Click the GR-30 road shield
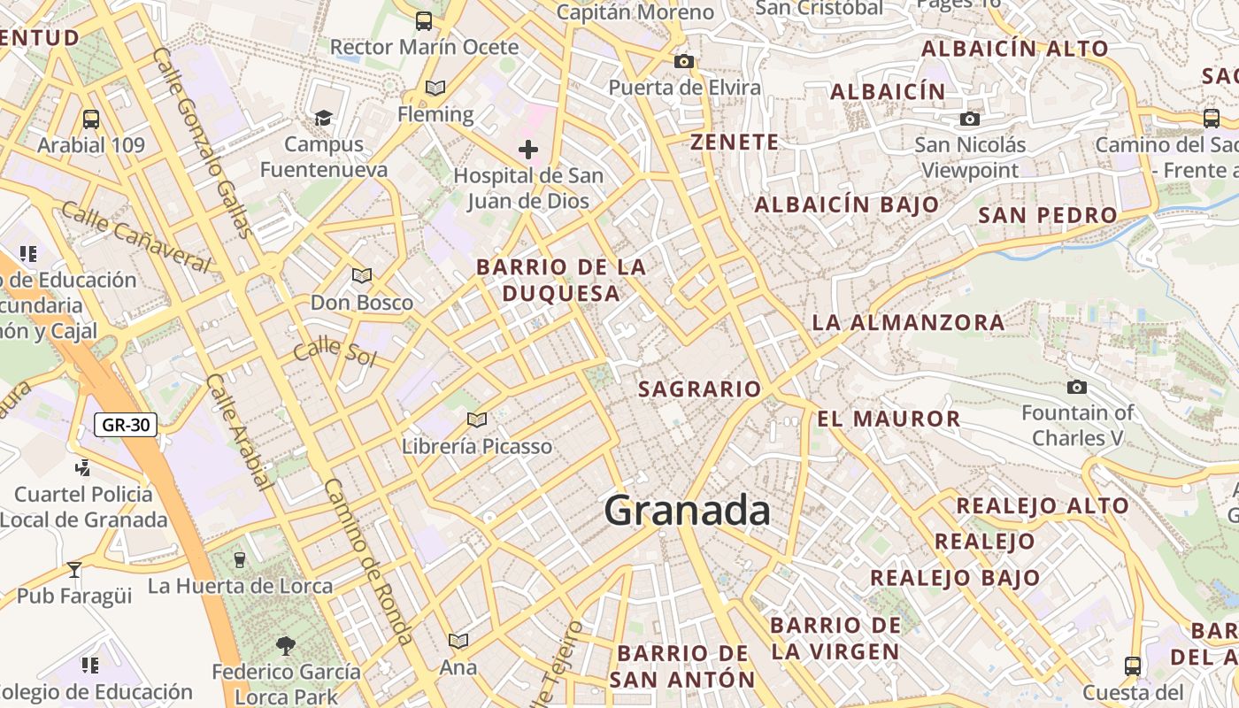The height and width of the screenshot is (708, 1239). tap(126, 425)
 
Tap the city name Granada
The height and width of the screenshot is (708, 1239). tap(687, 511)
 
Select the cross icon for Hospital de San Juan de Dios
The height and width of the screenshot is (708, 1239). tap(528, 149)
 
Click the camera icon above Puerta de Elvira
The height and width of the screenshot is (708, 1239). tap(684, 61)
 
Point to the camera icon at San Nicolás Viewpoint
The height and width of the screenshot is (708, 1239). tap(970, 119)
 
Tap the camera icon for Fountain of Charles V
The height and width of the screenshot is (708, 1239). tap(1077, 387)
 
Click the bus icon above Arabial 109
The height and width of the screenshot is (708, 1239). tap(90, 119)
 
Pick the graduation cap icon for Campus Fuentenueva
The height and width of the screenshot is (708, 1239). tap(323, 118)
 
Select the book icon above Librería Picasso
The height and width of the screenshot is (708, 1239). tap(477, 419)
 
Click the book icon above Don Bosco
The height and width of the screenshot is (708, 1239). tap(361, 276)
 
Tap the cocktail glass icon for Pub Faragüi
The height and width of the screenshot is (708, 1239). tap(74, 569)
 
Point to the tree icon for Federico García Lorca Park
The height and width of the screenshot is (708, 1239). tap(285, 645)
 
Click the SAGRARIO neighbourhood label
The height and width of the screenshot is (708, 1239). tap(699, 389)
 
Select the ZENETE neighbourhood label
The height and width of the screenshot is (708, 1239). tap(735, 142)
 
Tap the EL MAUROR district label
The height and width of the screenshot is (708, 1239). tap(888, 419)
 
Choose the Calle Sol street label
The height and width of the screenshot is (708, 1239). tap(335, 351)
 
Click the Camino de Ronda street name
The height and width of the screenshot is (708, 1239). tap(369, 561)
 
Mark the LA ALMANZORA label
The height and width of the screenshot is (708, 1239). tap(908, 322)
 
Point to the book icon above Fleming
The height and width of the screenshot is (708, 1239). tap(435, 88)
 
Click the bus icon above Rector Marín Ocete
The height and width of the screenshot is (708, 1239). tap(424, 20)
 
